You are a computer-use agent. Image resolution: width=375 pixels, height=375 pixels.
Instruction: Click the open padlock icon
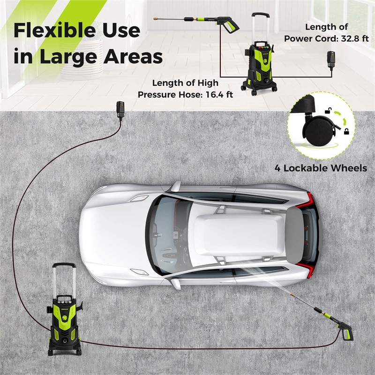(x=331, y=111)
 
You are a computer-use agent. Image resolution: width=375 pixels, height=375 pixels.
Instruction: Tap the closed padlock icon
(x=346, y=133)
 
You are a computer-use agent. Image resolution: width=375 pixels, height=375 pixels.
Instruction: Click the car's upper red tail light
(x=306, y=201)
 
